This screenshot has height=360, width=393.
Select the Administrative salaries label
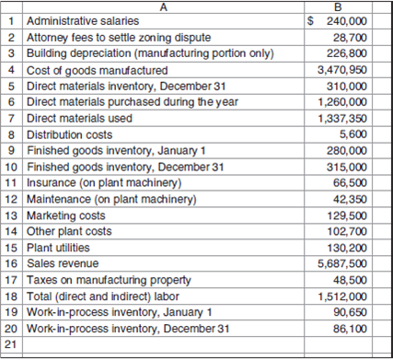83,20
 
